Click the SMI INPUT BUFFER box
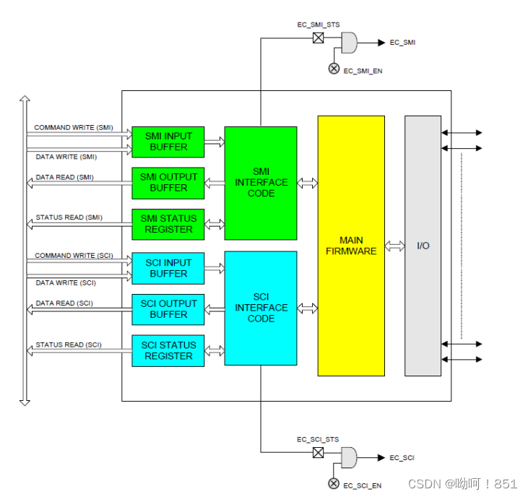168,142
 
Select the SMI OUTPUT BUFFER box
168,183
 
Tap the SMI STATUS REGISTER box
168,224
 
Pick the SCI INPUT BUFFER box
168,268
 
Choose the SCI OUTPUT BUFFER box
168,309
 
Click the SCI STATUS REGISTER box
168,350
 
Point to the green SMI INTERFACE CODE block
261,183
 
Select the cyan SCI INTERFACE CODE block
261,308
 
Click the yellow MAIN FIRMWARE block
351,246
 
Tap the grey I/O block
423,246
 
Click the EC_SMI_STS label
318,25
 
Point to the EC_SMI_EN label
363,71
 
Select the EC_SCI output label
402,458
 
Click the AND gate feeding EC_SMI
348,43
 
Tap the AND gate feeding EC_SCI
348,457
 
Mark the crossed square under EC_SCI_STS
318,453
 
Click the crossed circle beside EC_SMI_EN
334,69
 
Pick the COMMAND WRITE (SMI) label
74,128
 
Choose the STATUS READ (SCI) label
69,345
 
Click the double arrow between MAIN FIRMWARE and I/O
394,246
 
